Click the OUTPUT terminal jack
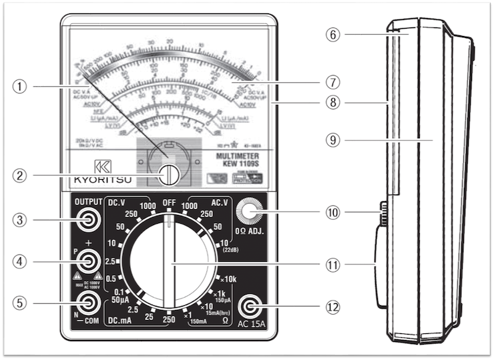(x=87, y=218)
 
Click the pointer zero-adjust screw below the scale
(x=171, y=174)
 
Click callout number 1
(x=22, y=86)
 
